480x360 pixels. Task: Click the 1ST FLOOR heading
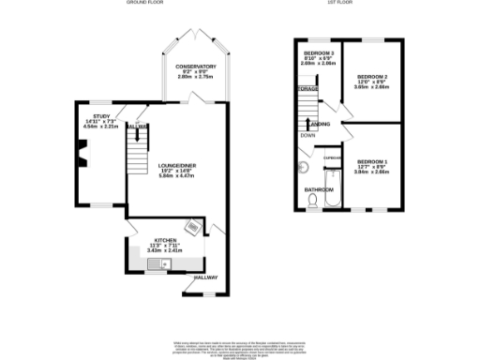pyautogui.click(x=338, y=4)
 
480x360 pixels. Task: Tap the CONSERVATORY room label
pyautogui.click(x=196, y=67)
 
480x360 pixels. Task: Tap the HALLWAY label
pyautogui.click(x=205, y=277)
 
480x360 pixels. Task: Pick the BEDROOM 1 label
pyautogui.click(x=372, y=162)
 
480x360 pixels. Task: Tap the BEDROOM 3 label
pyautogui.click(x=318, y=52)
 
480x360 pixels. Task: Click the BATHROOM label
pyautogui.click(x=316, y=187)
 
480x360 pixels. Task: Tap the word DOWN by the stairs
pyautogui.click(x=307, y=134)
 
